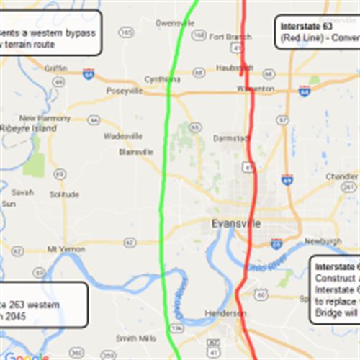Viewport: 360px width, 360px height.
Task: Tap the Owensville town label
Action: click(175, 23)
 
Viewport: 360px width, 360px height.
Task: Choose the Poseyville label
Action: click(125, 91)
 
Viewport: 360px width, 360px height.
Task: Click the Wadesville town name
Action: click(123, 135)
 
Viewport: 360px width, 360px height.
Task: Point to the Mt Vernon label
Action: click(61, 249)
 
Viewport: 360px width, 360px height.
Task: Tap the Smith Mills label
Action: click(136, 338)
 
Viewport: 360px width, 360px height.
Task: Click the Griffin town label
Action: click(55, 68)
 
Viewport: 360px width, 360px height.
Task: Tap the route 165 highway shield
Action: click(127, 32)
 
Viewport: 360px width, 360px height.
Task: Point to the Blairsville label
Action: click(136, 152)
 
